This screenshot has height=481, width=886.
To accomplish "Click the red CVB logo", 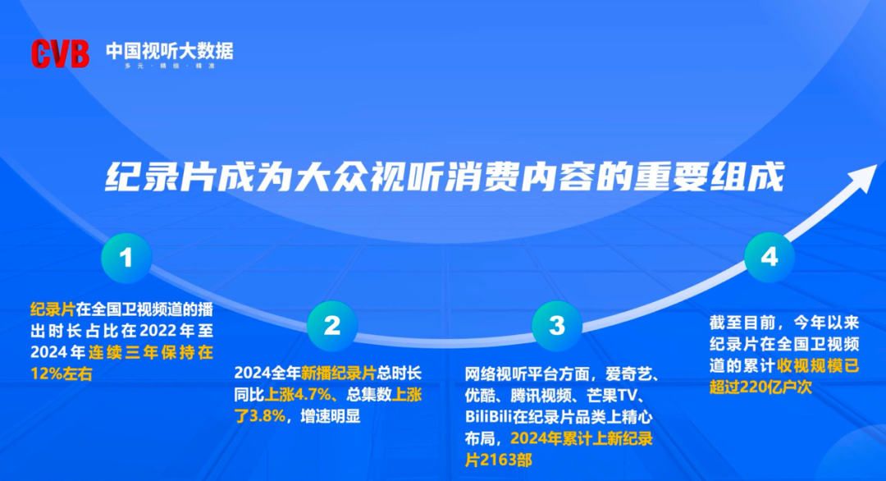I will pyautogui.click(x=60, y=53).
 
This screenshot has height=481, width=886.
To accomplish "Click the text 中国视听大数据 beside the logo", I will pyautogui.click(x=169, y=51).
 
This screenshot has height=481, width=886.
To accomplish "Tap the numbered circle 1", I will pyautogui.click(x=126, y=259).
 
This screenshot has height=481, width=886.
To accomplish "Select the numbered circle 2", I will pyautogui.click(x=331, y=325).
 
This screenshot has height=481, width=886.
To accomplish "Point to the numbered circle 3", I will pyautogui.click(x=556, y=325).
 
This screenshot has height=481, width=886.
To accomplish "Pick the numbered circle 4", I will pyautogui.click(x=769, y=258).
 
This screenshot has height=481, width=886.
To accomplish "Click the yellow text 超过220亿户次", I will pyautogui.click(x=760, y=387).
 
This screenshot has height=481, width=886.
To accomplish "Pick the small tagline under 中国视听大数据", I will pyautogui.click(x=168, y=66).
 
